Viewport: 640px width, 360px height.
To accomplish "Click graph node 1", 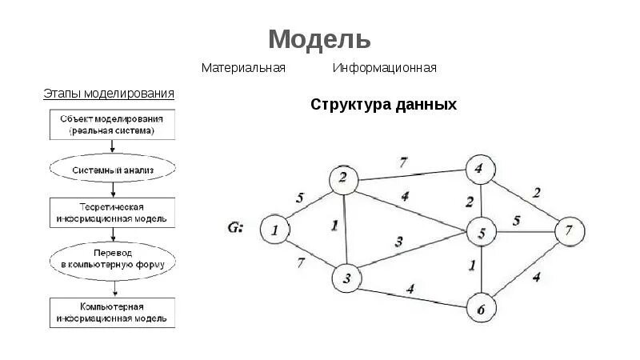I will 274,230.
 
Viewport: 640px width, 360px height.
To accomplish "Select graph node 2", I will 343,179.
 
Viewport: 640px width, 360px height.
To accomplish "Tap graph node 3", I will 347,278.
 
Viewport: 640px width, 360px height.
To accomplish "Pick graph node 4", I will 478,169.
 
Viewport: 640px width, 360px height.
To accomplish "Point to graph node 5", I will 482,233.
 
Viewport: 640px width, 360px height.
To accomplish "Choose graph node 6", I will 481,308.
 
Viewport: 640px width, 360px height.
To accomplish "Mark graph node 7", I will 569,231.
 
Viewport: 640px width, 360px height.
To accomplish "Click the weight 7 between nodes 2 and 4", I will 404,162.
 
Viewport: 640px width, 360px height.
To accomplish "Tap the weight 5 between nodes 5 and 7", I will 517,220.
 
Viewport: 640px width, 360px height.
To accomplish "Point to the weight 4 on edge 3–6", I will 410,290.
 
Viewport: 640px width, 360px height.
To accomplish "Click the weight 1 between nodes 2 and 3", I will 334,226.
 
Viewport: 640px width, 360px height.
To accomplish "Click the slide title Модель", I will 319,38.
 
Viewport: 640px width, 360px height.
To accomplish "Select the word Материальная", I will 243,68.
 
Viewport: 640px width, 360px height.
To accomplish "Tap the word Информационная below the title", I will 385,68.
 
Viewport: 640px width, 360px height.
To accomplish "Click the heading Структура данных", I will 383,105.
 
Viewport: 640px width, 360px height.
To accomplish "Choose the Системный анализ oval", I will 112,170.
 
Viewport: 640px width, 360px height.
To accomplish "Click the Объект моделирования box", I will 112,123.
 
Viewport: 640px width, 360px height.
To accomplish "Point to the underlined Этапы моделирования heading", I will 109,94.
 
